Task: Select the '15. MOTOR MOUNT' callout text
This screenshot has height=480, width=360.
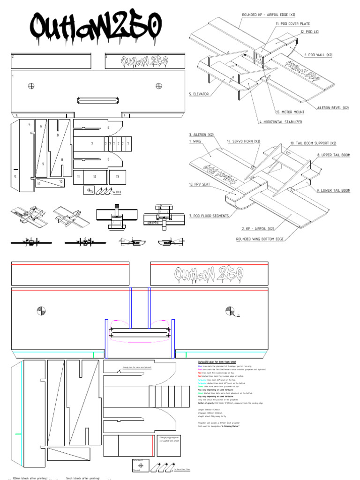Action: [x=291, y=112]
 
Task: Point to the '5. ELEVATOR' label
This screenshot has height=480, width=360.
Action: [x=199, y=94]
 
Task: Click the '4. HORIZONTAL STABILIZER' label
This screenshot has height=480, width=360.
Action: [x=280, y=122]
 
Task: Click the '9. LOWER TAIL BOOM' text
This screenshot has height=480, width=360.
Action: [x=333, y=191]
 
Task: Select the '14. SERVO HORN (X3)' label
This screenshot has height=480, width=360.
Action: [x=243, y=141]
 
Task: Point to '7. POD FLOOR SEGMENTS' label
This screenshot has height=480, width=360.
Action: [x=208, y=216]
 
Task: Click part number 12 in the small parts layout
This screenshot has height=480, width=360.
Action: [x=95, y=177]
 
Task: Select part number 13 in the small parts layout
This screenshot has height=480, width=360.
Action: [x=117, y=177]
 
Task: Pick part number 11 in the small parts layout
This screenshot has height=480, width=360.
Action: [x=79, y=177]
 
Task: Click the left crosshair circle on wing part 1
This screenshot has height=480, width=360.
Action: [x=31, y=85]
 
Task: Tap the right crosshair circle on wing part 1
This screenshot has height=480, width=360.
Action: [x=159, y=85]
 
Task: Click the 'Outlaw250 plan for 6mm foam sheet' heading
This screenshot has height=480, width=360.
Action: [x=216, y=362]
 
